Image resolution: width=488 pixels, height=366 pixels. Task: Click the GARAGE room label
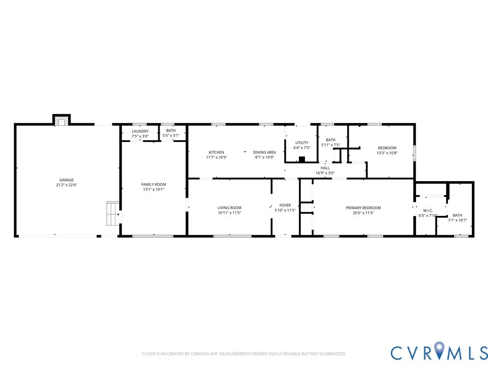[x=67, y=180]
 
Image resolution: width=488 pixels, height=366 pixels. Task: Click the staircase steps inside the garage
[x=113, y=213]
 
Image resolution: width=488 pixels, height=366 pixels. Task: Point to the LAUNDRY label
[x=140, y=132]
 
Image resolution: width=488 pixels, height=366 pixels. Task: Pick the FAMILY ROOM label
[x=153, y=184]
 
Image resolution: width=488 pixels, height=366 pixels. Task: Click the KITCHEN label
[x=216, y=152]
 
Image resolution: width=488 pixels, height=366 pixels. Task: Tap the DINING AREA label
[x=264, y=152]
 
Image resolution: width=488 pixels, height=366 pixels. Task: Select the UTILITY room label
[x=302, y=143]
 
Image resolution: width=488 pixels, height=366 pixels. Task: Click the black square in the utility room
[x=302, y=159]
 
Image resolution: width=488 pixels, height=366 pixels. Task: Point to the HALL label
[x=325, y=168]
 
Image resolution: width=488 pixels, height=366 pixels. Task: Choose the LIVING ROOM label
[x=229, y=208]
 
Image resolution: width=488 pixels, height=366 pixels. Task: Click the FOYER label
[x=285, y=205]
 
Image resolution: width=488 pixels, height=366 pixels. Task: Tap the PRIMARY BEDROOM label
[x=363, y=208]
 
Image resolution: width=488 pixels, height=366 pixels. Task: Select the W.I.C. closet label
[x=428, y=211]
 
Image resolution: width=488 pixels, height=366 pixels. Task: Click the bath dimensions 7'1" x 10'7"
[x=457, y=220]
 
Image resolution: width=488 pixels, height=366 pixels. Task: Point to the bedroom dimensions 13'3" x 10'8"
[x=387, y=153]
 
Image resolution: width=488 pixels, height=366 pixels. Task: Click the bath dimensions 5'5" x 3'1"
[x=171, y=136]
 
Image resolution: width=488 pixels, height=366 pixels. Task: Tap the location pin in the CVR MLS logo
[x=439, y=350]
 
